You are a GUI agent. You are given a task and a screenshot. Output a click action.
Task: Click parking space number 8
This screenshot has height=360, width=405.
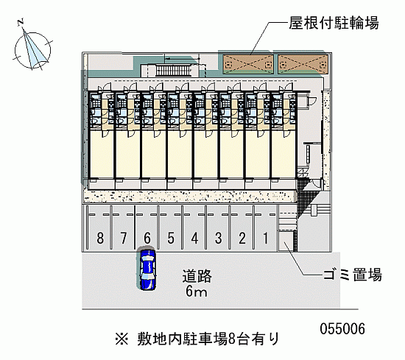pyautogui.click(x=100, y=238)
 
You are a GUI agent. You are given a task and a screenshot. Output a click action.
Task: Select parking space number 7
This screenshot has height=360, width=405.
pyautogui.click(x=124, y=238)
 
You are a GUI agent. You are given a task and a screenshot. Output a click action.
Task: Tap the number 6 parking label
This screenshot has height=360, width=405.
pyautogui.click(x=147, y=238)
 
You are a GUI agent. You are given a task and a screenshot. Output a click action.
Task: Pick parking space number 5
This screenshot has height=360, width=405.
pyautogui.click(x=171, y=238)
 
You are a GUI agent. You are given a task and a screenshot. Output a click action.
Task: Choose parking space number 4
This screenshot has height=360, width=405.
pyautogui.click(x=194, y=238)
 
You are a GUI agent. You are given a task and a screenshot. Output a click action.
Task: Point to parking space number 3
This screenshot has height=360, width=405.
pyautogui.click(x=218, y=238)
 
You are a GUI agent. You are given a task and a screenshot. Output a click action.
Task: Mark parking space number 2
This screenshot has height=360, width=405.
pyautogui.click(x=242, y=238)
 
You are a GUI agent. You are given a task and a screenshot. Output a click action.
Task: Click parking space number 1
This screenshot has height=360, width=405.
pyautogui.click(x=266, y=238)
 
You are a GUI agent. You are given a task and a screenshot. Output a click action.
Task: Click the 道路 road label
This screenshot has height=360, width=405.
pyautogui.click(x=197, y=276)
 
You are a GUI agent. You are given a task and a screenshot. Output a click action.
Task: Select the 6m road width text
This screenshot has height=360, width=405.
pyautogui.click(x=197, y=292)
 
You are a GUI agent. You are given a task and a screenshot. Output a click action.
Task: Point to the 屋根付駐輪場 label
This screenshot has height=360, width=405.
pyautogui.click(x=334, y=23)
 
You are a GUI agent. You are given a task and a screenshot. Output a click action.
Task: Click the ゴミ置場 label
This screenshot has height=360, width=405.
pyautogui.click(x=352, y=275)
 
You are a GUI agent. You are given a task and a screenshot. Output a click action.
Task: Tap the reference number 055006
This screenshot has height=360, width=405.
pyautogui.click(x=342, y=329)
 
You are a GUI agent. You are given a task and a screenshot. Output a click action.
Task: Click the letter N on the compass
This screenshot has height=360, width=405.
pyautogui.click(x=21, y=22)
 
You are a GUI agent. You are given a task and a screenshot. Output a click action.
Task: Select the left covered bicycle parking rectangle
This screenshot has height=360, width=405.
pyautogui.click(x=248, y=64)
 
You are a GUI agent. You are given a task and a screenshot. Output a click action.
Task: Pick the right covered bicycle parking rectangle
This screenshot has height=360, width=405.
pyautogui.click(x=303, y=64)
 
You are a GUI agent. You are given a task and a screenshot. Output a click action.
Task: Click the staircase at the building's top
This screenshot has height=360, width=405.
pyautogui.click(x=174, y=71)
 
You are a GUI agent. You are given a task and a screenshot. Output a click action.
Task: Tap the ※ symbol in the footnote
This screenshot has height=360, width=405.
pyautogui.click(x=121, y=339)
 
